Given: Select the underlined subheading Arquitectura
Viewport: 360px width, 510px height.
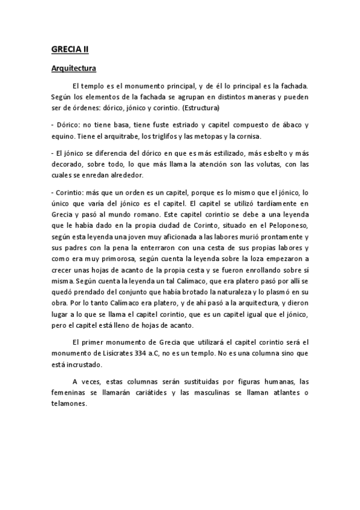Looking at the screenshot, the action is tap(73, 69).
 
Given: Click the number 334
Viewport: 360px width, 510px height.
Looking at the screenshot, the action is tap(153, 352).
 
